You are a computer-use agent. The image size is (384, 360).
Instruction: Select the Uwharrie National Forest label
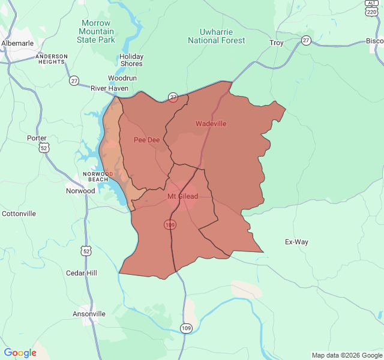coord(217,36)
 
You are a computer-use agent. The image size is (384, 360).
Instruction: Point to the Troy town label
coord(276,43)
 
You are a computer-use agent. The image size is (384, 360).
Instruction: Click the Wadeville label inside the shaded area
coord(211,124)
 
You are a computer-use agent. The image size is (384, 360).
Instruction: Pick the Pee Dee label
coord(146,140)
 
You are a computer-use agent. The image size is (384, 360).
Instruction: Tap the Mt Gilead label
coord(182,196)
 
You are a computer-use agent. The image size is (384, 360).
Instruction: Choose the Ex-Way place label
coord(296,242)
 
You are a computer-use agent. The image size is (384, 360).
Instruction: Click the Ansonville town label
coord(89,314)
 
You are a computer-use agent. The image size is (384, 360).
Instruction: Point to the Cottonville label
coord(19,214)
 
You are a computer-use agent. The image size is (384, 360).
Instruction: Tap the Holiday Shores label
coord(131,60)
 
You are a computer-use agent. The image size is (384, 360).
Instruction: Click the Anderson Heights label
coord(53,59)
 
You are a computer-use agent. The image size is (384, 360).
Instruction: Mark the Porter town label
coord(37,138)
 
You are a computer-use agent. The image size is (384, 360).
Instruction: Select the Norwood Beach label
coord(95,176)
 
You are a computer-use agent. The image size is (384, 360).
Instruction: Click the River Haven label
coord(109,88)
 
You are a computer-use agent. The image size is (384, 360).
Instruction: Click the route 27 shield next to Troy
coord(307,40)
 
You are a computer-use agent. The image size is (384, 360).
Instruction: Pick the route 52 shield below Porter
coord(44,149)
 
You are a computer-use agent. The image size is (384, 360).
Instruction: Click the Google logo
coord(20,353)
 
